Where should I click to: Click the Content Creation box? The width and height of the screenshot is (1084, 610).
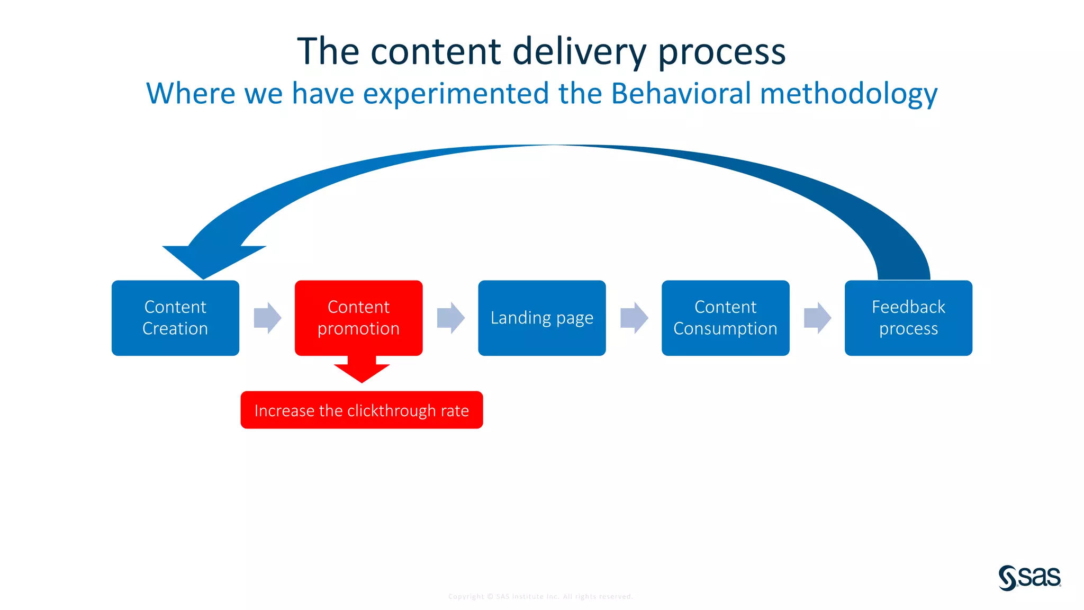coord(175,318)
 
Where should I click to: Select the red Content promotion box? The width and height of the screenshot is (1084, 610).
coord(358,318)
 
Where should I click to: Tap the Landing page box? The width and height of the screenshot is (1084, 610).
coord(541,318)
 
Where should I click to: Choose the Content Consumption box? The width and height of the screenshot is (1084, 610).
coord(725,318)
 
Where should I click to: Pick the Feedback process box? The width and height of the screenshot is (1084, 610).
coord(908,318)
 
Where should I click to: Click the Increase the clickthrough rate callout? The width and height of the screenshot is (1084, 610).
coord(362,410)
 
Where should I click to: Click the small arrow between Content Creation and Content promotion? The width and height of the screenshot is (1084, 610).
coord(267,318)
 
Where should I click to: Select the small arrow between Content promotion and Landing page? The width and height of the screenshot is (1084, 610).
coord(450,318)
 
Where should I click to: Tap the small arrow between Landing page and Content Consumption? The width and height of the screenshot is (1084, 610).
coord(634,318)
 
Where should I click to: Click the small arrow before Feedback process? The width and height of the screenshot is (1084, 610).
coord(817,318)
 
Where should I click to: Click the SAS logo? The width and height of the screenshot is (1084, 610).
coord(1029,577)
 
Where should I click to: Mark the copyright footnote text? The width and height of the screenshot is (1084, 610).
coord(540,596)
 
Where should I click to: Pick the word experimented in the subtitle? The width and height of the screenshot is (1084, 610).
coord(456,94)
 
